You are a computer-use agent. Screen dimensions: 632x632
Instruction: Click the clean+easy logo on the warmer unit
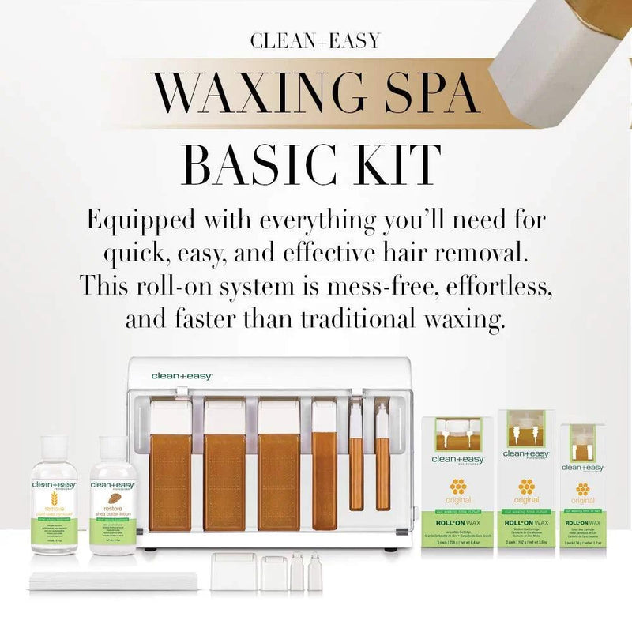coord(182,377)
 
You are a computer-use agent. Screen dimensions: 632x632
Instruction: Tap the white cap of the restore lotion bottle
coord(113,447)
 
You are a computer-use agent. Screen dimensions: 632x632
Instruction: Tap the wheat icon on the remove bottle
coord(55,501)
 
